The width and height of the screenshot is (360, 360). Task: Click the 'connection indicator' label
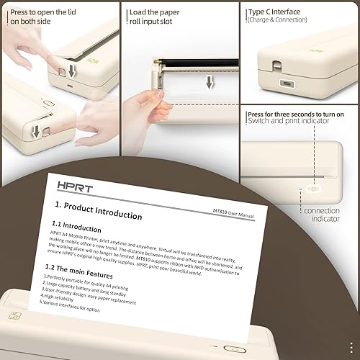[321, 215]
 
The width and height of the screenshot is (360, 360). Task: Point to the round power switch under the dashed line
[313, 189]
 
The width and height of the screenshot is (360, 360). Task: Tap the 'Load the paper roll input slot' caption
[154, 17]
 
